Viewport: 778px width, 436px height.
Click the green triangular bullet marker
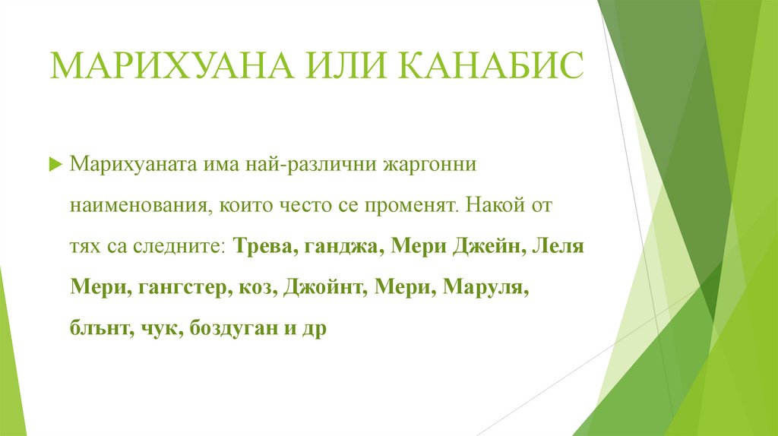[54, 165]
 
